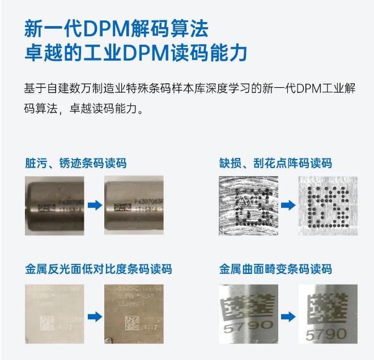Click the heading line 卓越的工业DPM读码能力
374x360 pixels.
pyautogui.click(x=136, y=53)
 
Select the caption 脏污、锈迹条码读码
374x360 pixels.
pyautogui.click(x=75, y=164)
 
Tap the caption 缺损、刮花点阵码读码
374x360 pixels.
pyautogui.click(x=275, y=164)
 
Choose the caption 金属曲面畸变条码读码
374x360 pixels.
pyautogui.click(x=275, y=268)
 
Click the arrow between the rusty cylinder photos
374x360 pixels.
pyautogui.click(x=95, y=205)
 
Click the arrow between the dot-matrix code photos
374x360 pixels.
pyautogui.click(x=288, y=205)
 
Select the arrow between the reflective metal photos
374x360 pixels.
pyautogui.click(x=95, y=316)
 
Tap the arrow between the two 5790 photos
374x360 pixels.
pyautogui.click(x=288, y=316)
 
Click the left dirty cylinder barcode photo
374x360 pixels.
pyautogui.click(x=54, y=205)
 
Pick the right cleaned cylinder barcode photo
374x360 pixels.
pyautogui.click(x=134, y=205)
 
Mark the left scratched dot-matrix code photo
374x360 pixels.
pyautogui.click(x=248, y=205)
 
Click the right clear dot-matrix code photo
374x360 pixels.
pyautogui.click(x=328, y=205)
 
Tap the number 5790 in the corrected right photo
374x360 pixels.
pyautogui.click(x=326, y=334)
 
